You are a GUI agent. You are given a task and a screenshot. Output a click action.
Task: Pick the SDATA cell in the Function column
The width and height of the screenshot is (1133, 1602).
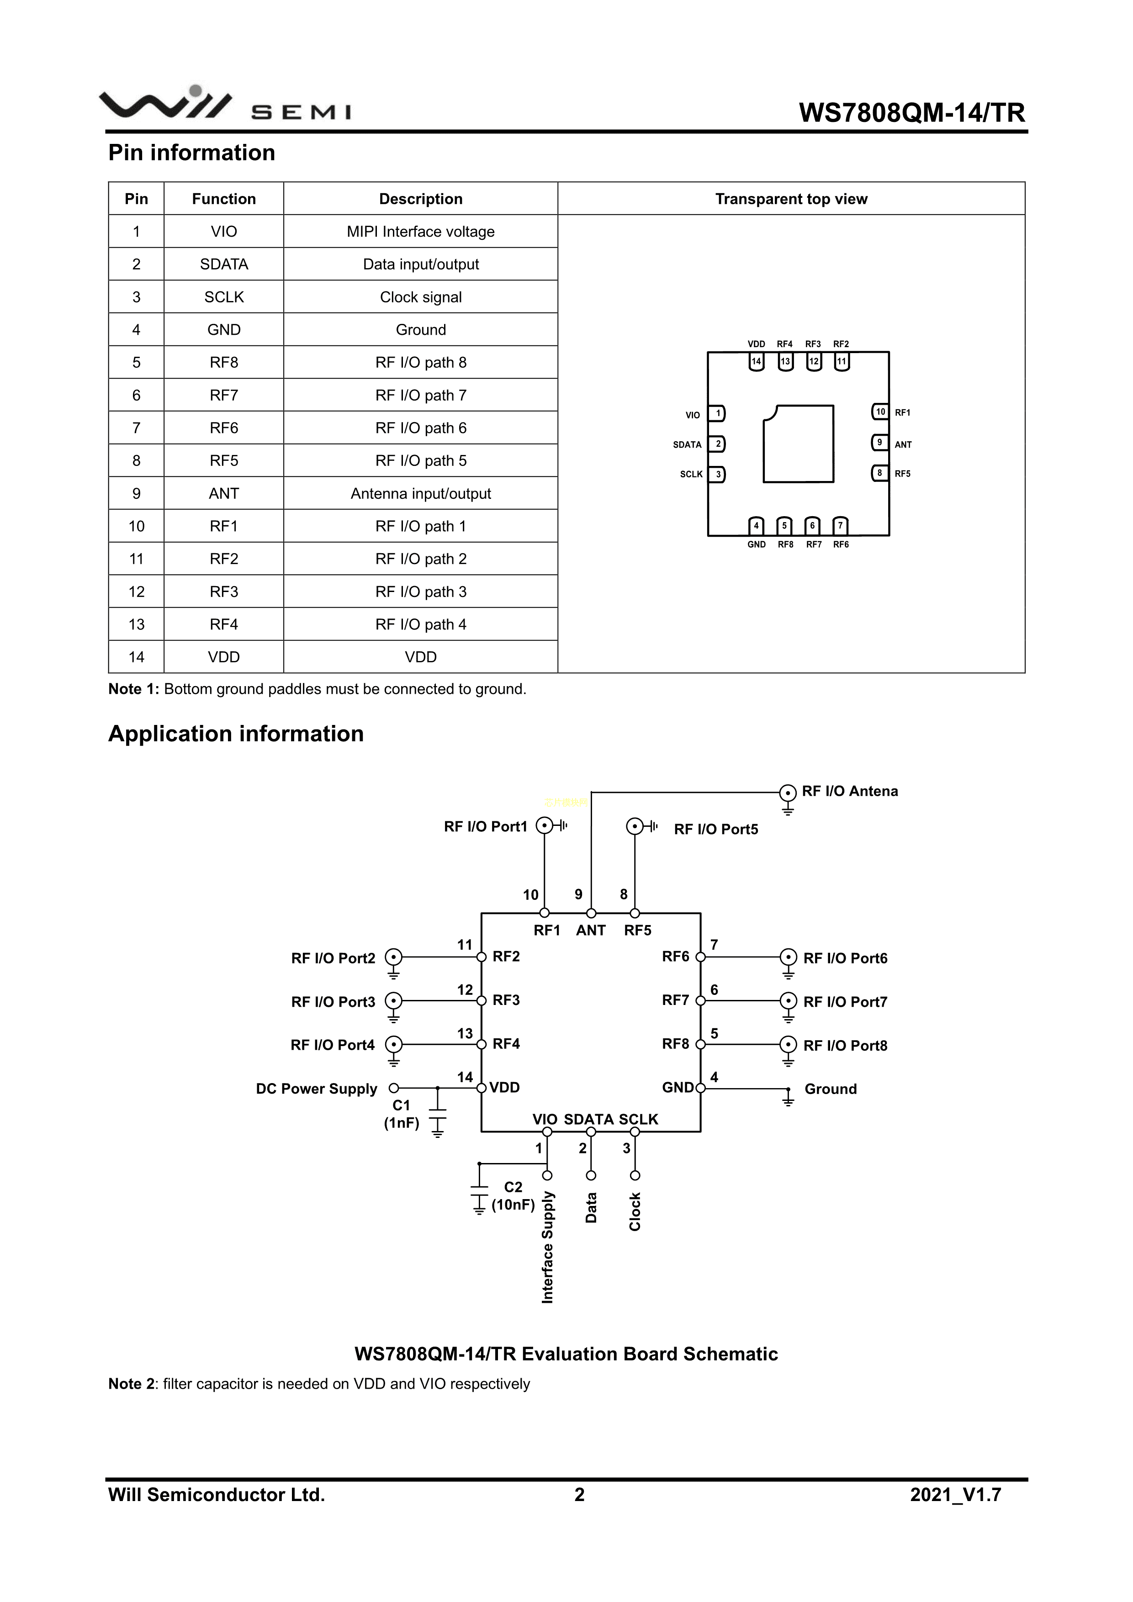(x=223, y=264)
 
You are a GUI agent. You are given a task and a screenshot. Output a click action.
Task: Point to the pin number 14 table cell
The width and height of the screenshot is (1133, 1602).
(x=136, y=657)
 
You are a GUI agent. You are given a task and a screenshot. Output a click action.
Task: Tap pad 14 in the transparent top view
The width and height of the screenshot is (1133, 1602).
(x=756, y=361)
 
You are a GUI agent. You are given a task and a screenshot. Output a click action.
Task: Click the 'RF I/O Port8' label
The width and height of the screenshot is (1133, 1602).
(x=845, y=1045)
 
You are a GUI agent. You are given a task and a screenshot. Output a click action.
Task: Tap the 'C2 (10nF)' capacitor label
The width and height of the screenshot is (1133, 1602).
(x=513, y=1196)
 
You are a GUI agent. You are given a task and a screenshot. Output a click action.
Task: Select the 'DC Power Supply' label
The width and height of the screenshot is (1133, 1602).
(x=316, y=1089)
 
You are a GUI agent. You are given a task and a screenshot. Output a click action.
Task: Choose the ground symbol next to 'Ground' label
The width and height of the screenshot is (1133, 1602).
(x=788, y=1097)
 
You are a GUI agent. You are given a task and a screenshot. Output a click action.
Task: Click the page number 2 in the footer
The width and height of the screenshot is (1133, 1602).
(x=579, y=1495)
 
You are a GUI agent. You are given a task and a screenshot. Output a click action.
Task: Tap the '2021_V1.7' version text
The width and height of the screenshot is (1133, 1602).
(x=955, y=1495)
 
